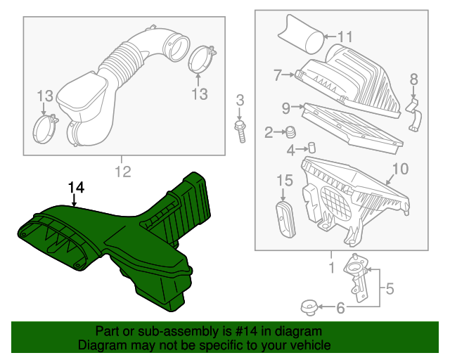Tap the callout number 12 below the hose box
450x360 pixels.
[x=122, y=171]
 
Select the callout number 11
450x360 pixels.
[x=345, y=37]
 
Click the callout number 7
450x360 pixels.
[x=278, y=74]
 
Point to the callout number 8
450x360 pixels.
[x=413, y=79]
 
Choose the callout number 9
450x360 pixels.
[x=285, y=108]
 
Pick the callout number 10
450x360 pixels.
[x=399, y=169]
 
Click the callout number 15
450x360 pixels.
[x=283, y=181]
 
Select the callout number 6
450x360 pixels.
[x=340, y=307]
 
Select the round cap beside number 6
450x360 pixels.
[x=307, y=307]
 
